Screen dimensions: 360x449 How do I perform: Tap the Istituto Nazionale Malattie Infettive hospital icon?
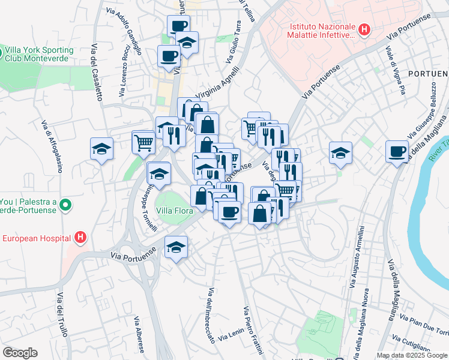tap(364, 29)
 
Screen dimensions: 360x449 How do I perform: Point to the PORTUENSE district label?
tap(428, 73)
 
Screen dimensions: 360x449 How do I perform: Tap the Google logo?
tap(20, 353)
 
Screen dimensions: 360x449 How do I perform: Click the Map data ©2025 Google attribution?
tap(412, 355)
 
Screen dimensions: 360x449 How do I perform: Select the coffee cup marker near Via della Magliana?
tap(396, 151)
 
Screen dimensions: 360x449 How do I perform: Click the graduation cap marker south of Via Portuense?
tap(176, 247)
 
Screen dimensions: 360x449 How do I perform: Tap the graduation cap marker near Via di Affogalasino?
tap(101, 148)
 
